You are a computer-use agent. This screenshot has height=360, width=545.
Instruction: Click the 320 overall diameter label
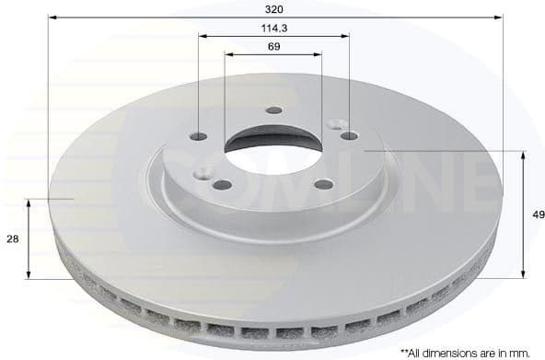[x=273, y=6]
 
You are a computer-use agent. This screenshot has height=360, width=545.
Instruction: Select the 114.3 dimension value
[x=273, y=27]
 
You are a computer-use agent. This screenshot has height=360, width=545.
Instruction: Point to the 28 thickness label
[x=12, y=238]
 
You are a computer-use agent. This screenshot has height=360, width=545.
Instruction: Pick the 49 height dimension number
[x=538, y=214]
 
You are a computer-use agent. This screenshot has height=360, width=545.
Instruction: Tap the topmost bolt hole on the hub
[x=273, y=110]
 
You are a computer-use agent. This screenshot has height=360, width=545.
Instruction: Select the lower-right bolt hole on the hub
[x=323, y=183]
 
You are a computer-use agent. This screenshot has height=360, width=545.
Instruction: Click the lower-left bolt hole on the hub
[x=221, y=184]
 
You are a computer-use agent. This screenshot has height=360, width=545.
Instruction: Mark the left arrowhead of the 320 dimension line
[x=53, y=17]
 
